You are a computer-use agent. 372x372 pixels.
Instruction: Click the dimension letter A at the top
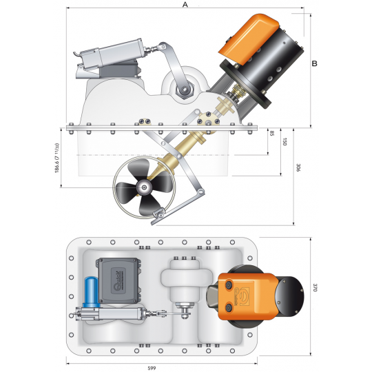(x=185, y=4)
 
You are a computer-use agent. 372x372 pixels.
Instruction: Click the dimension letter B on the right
(x=314, y=63)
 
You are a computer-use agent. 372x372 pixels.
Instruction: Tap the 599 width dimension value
(x=152, y=368)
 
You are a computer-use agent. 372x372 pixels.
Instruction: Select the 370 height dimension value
(x=315, y=287)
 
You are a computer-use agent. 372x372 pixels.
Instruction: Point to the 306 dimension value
(x=298, y=167)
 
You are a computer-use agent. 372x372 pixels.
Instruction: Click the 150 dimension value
(x=285, y=142)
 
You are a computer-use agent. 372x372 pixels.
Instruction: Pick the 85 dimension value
(x=272, y=133)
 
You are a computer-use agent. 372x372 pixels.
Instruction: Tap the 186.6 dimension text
(x=57, y=158)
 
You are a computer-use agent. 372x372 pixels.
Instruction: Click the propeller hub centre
(x=143, y=187)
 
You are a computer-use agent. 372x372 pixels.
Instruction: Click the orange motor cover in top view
(x=247, y=296)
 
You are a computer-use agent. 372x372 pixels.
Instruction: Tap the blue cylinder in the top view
(x=92, y=292)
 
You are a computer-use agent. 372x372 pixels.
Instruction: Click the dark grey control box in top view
(x=118, y=280)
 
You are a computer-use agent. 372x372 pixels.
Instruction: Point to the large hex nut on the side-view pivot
(x=185, y=90)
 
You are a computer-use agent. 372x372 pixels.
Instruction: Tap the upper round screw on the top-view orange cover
(x=229, y=285)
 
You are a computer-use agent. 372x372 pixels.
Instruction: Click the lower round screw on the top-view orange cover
(x=229, y=308)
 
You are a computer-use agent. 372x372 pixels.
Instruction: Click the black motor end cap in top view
(x=289, y=296)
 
